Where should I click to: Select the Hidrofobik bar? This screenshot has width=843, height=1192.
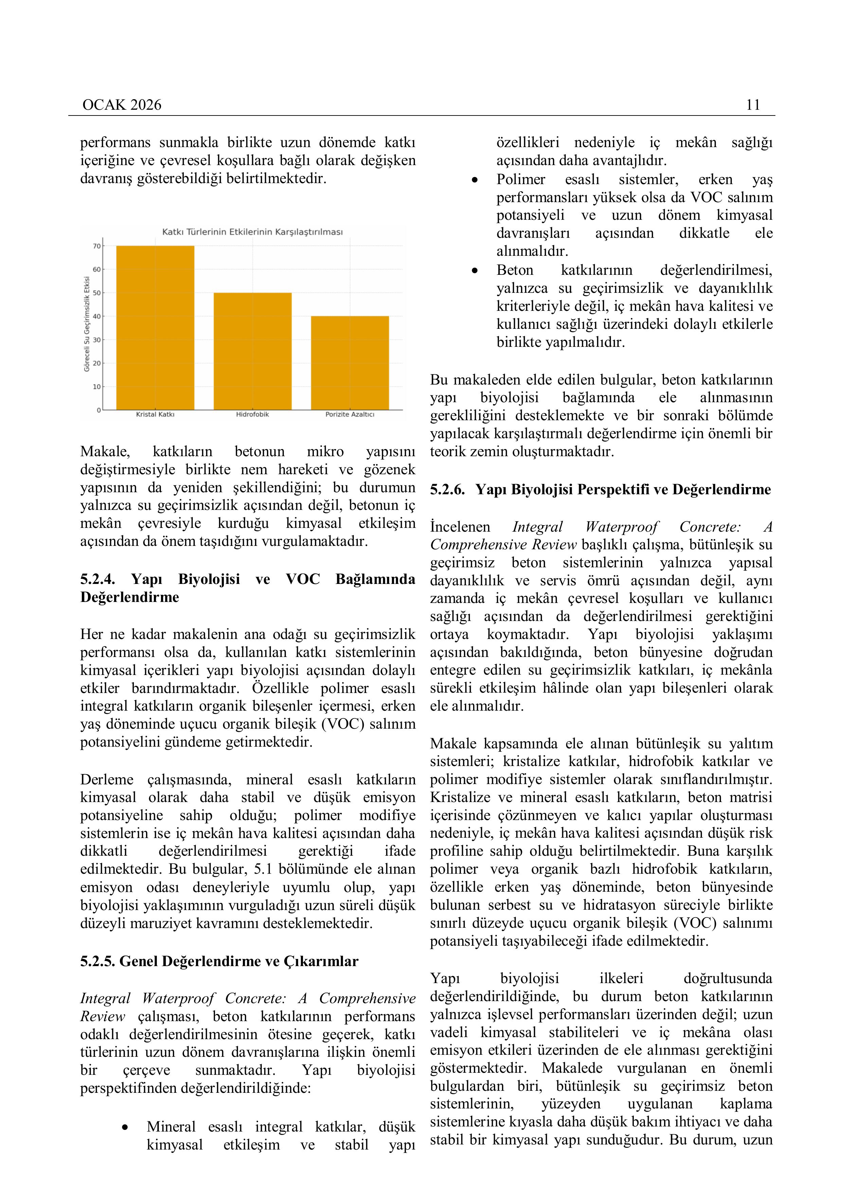pyautogui.click(x=252, y=352)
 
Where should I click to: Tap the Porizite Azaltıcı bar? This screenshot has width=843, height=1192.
pyautogui.click(x=350, y=363)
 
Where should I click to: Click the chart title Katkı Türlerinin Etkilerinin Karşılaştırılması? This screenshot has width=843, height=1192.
pyautogui.click(x=252, y=232)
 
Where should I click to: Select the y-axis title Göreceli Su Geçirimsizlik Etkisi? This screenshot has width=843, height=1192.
pyautogui.click(x=87, y=324)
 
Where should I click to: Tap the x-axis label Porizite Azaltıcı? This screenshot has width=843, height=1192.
pyautogui.click(x=350, y=414)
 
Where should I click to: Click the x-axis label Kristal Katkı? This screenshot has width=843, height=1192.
pyautogui.click(x=155, y=414)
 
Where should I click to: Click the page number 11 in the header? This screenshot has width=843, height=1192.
pyautogui.click(x=753, y=105)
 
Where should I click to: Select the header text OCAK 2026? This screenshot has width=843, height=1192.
pyautogui.click(x=122, y=105)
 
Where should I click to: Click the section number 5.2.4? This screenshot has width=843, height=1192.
pyautogui.click(x=97, y=579)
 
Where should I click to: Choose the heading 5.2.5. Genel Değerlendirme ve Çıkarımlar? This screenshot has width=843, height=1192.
pyautogui.click(x=219, y=961)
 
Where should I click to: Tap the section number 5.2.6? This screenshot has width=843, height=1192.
pyautogui.click(x=447, y=490)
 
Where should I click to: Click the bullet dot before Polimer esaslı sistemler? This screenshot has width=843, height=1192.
pyautogui.click(x=474, y=180)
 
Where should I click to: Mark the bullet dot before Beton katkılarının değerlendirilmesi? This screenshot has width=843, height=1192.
pyautogui.click(x=474, y=270)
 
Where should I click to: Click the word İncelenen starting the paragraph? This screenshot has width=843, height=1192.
pyautogui.click(x=460, y=527)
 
